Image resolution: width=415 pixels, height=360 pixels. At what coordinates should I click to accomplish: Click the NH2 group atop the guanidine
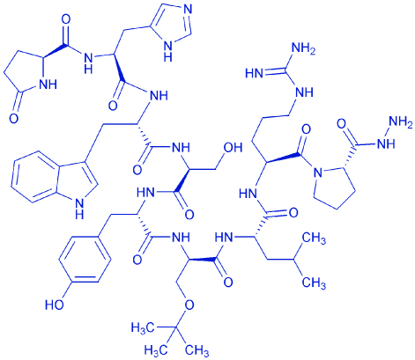[x=303, y=50]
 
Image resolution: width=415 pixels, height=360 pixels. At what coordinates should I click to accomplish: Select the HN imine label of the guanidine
[x=255, y=73]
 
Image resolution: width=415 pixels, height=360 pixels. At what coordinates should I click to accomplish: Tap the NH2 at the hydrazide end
[x=401, y=121]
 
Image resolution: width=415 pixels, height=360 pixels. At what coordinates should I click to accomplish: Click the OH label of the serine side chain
[x=233, y=148]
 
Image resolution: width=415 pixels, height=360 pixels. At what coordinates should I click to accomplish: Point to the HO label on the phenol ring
[x=55, y=305]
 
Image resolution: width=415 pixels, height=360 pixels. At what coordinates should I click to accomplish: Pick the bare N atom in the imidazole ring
[x=188, y=10]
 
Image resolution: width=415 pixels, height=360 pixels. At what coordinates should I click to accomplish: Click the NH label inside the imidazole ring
[x=167, y=51]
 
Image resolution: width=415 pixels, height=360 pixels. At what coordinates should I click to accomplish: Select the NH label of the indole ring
[x=78, y=208]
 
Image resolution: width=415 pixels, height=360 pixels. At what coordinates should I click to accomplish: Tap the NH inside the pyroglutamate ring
[x=48, y=84]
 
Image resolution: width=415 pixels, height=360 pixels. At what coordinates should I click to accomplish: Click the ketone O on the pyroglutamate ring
[x=13, y=118]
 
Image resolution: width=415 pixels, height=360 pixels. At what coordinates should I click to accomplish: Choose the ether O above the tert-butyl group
[x=189, y=305]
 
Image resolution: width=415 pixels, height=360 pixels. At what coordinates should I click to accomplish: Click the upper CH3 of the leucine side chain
[x=314, y=239]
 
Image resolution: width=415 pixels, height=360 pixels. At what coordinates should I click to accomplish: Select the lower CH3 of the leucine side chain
[x=314, y=283]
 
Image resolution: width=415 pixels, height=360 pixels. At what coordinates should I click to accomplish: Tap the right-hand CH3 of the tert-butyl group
[x=196, y=349]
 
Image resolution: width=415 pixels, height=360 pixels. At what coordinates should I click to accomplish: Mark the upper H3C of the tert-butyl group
[x=143, y=327]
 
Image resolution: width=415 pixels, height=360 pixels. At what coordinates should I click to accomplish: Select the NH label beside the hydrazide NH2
[x=387, y=143]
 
